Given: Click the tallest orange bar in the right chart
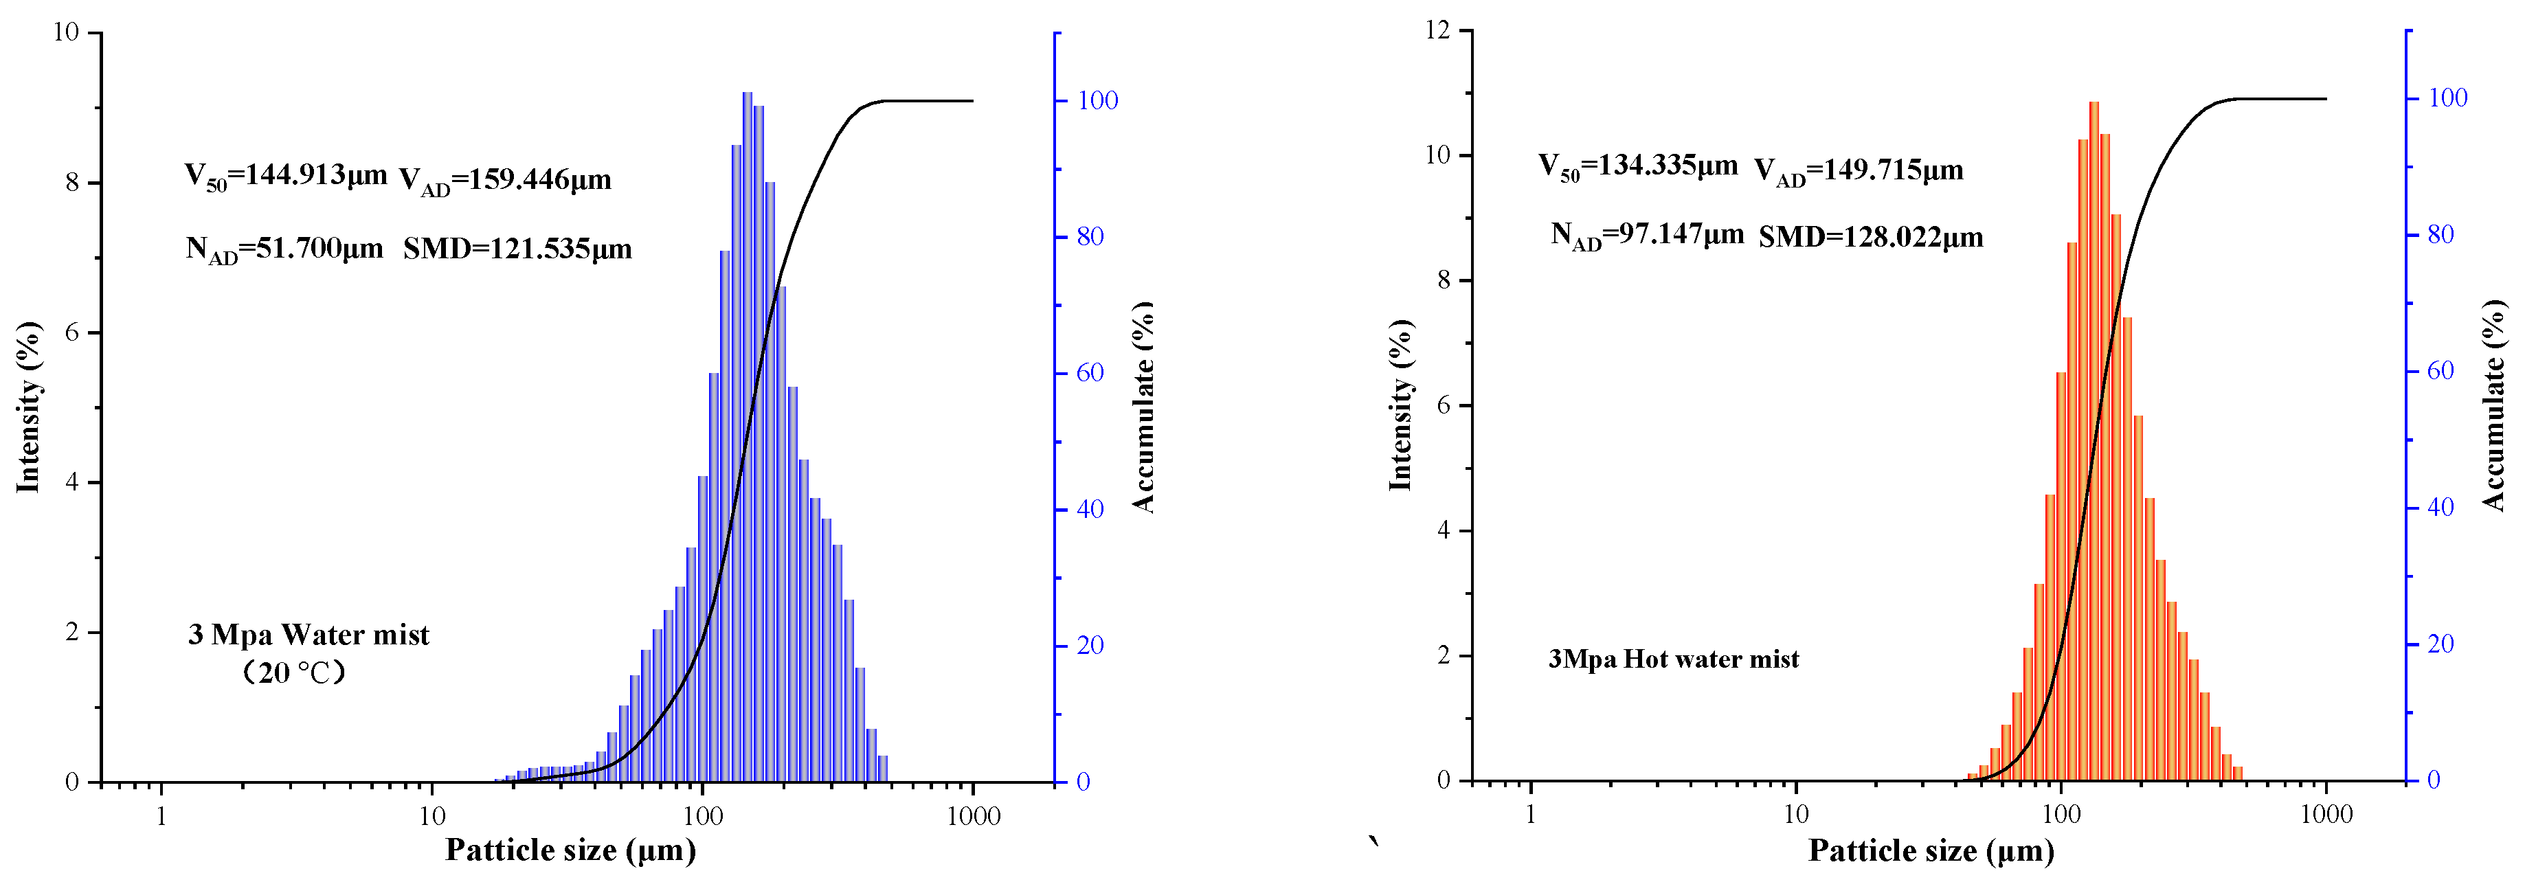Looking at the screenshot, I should [2094, 441].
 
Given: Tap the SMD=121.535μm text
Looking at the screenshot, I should [517, 249].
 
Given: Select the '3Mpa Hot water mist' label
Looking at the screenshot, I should [1673, 659].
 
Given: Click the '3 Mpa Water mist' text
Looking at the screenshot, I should [308, 635].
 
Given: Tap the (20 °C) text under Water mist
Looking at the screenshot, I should [294, 672].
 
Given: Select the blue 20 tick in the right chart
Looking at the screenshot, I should [2440, 644].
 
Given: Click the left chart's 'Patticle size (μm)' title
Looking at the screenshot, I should [570, 850].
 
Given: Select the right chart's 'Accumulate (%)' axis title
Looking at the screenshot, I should [2493, 405].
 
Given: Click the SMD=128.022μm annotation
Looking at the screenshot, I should [1870, 237].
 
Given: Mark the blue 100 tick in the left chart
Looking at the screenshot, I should [1097, 100].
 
